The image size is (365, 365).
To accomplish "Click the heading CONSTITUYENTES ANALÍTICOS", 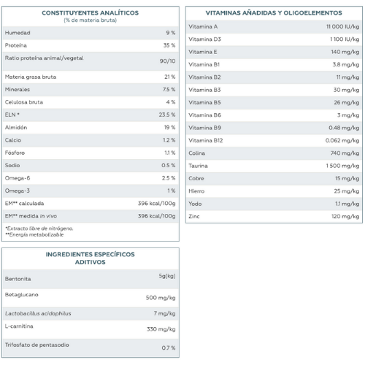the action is [90, 13].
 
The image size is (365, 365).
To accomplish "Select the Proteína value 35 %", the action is [169, 45].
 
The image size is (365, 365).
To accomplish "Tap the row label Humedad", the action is [18, 33].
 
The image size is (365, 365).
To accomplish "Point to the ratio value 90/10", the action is [167, 61].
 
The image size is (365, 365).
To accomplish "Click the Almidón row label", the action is [16, 127].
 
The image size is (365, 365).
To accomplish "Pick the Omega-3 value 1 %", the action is [172, 191].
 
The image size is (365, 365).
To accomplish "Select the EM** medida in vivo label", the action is [31, 216].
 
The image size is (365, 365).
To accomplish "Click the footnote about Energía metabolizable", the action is [34, 234].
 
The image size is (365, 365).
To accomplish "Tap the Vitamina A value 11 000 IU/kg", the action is [342, 26].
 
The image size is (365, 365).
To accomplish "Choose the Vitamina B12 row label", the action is [206, 140].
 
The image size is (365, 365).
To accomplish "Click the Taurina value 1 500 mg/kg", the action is [342, 166].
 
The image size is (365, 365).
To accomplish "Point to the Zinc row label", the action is [194, 216].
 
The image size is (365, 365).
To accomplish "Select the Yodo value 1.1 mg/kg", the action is [347, 204].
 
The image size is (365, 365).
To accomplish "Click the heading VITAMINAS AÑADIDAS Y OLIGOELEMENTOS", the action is [274, 13].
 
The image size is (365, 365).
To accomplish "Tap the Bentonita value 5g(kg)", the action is [167, 276].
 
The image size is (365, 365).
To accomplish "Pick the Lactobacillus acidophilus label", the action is [38, 313].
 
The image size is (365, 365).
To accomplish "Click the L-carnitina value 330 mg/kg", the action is [161, 329].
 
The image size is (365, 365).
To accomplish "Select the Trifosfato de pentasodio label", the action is [37, 345].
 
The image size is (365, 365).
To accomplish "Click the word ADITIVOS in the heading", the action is [91, 262].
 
